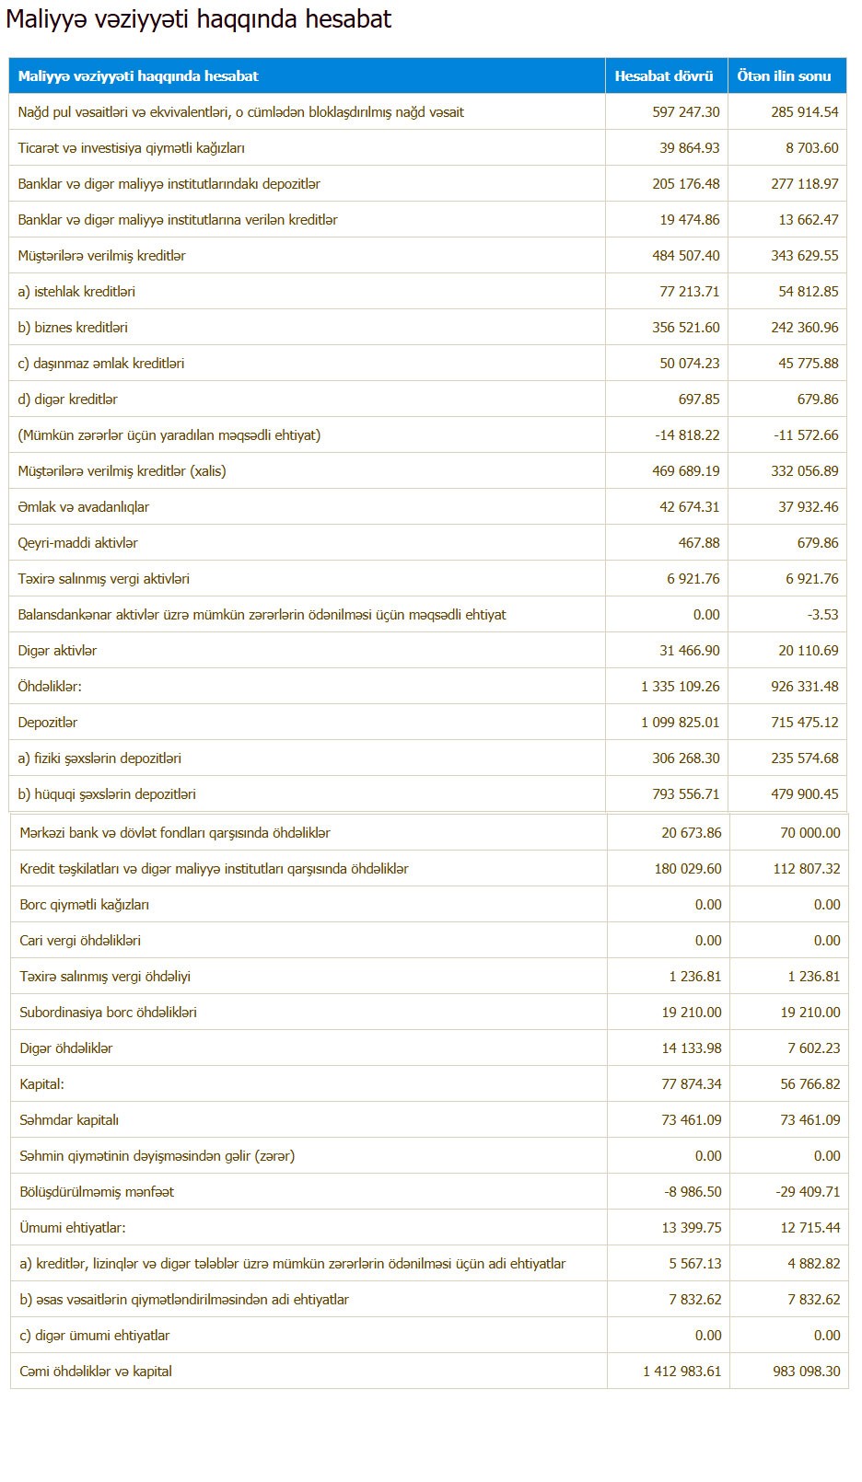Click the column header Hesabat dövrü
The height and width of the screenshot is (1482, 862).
[664, 76]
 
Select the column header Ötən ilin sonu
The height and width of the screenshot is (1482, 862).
[784, 76]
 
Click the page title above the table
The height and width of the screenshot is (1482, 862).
[199, 19]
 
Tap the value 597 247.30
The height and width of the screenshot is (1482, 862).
[686, 112]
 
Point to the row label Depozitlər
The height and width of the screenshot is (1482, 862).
[48, 723]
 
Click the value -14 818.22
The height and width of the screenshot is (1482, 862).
[687, 435]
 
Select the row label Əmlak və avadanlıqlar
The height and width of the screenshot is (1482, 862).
[83, 507]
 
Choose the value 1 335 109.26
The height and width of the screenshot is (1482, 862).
[681, 687]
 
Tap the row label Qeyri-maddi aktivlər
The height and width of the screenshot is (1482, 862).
[78, 543]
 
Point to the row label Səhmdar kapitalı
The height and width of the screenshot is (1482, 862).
[69, 1120]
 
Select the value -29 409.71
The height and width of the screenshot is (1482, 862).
[808, 1192]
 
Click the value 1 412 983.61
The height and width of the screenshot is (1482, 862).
[682, 1372]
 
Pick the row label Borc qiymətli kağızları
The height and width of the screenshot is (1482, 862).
[84, 905]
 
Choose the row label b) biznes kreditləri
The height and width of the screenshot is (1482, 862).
[73, 328]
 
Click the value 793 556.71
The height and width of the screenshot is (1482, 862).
[686, 794]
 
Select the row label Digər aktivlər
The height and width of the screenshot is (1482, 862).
[57, 651]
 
